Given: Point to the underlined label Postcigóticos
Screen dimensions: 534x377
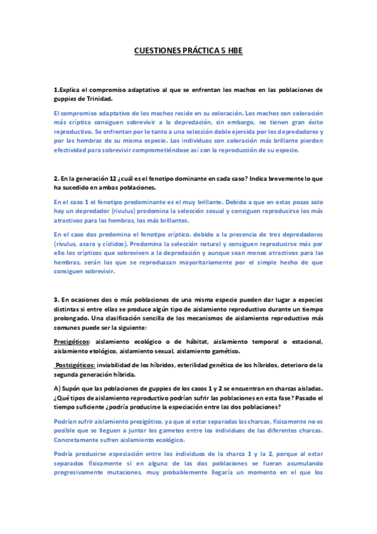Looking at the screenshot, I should click(76, 365).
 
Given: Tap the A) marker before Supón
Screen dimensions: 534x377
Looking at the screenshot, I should click(58, 389).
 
